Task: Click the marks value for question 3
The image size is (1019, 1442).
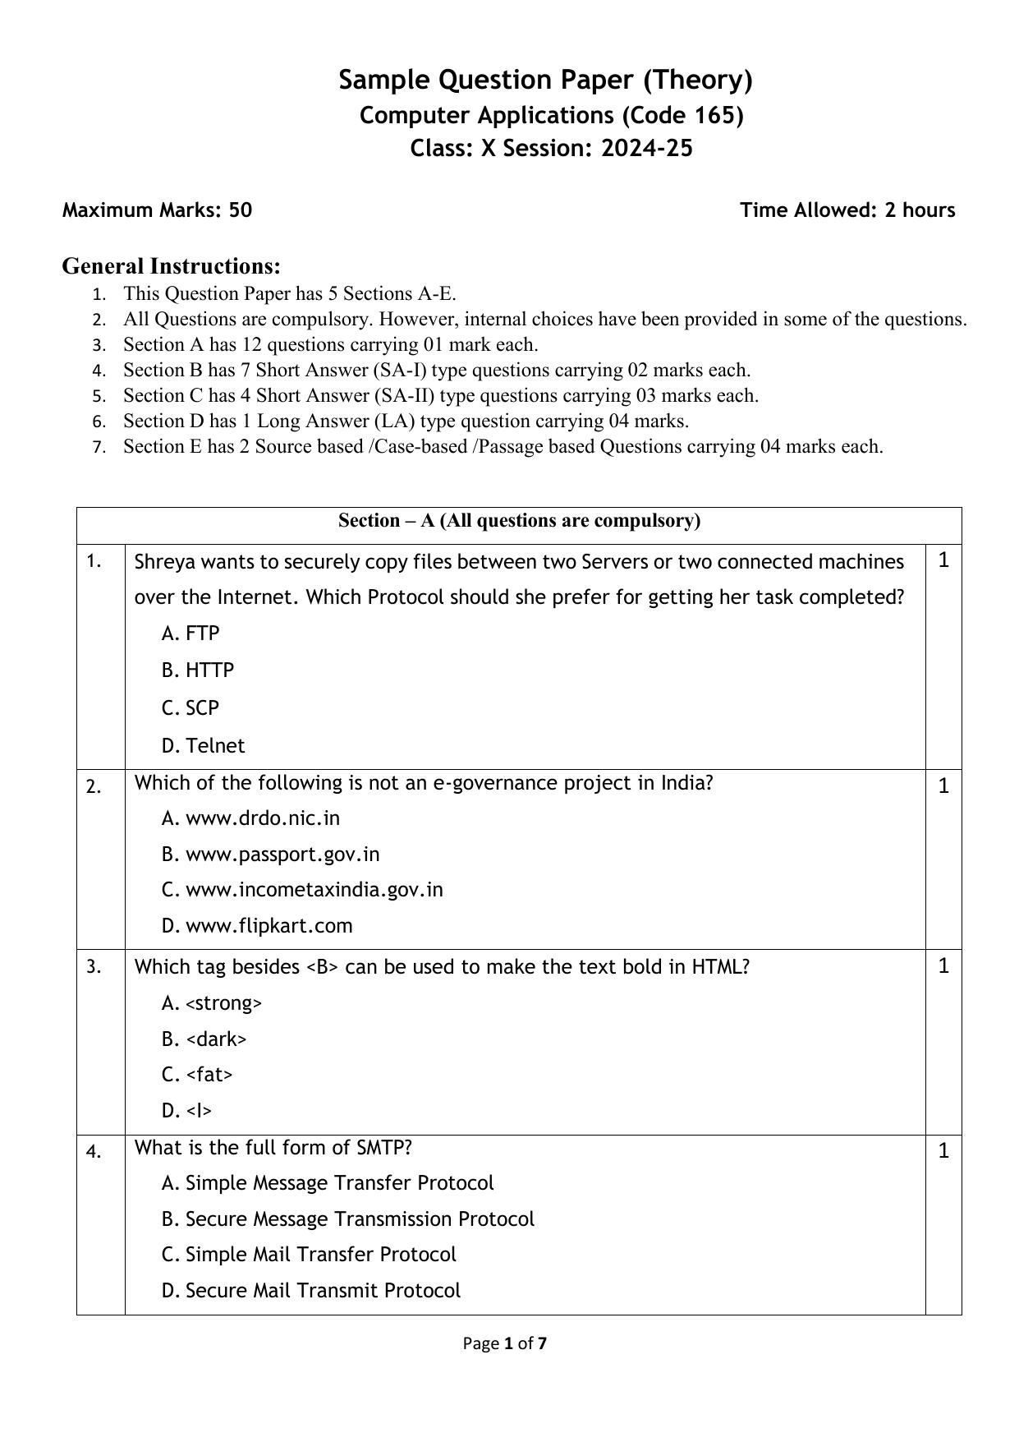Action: (x=943, y=966)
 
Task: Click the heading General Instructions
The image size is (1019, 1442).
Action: (x=171, y=266)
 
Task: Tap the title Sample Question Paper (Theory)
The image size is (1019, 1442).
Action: (x=545, y=80)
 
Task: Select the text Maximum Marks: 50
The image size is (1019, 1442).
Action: (x=157, y=210)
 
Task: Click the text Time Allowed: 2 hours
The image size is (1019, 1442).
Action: (x=847, y=210)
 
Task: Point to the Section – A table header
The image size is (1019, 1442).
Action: (x=519, y=521)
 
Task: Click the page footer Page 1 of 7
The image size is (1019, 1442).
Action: (x=504, y=1343)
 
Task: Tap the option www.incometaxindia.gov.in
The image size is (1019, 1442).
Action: (x=314, y=890)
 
